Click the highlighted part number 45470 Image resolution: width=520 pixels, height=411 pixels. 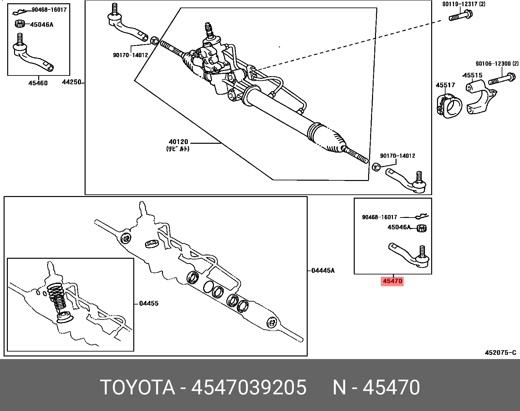click(x=392, y=281)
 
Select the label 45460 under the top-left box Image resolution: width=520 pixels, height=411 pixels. click(x=38, y=83)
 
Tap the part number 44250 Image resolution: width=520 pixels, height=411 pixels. click(x=72, y=82)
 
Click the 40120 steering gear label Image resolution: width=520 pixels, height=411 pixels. click(x=178, y=142)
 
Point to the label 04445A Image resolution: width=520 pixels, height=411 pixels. click(x=323, y=271)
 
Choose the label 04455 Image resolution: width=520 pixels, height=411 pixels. click(x=149, y=304)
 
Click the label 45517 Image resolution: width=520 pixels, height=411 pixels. click(x=445, y=85)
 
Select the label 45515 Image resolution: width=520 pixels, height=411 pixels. click(x=473, y=75)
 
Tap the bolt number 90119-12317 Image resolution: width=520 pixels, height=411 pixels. click(x=459, y=4)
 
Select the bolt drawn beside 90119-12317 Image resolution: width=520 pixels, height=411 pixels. click(x=460, y=16)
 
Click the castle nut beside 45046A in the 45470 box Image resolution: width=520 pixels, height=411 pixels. click(x=422, y=228)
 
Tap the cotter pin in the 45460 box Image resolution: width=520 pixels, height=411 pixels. click(x=21, y=12)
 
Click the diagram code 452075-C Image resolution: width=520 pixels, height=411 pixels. click(x=500, y=353)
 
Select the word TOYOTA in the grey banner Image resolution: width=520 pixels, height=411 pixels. click(x=138, y=387)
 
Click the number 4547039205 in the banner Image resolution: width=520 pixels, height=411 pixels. click(x=249, y=387)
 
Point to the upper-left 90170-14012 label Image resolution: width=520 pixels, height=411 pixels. click(x=130, y=55)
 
